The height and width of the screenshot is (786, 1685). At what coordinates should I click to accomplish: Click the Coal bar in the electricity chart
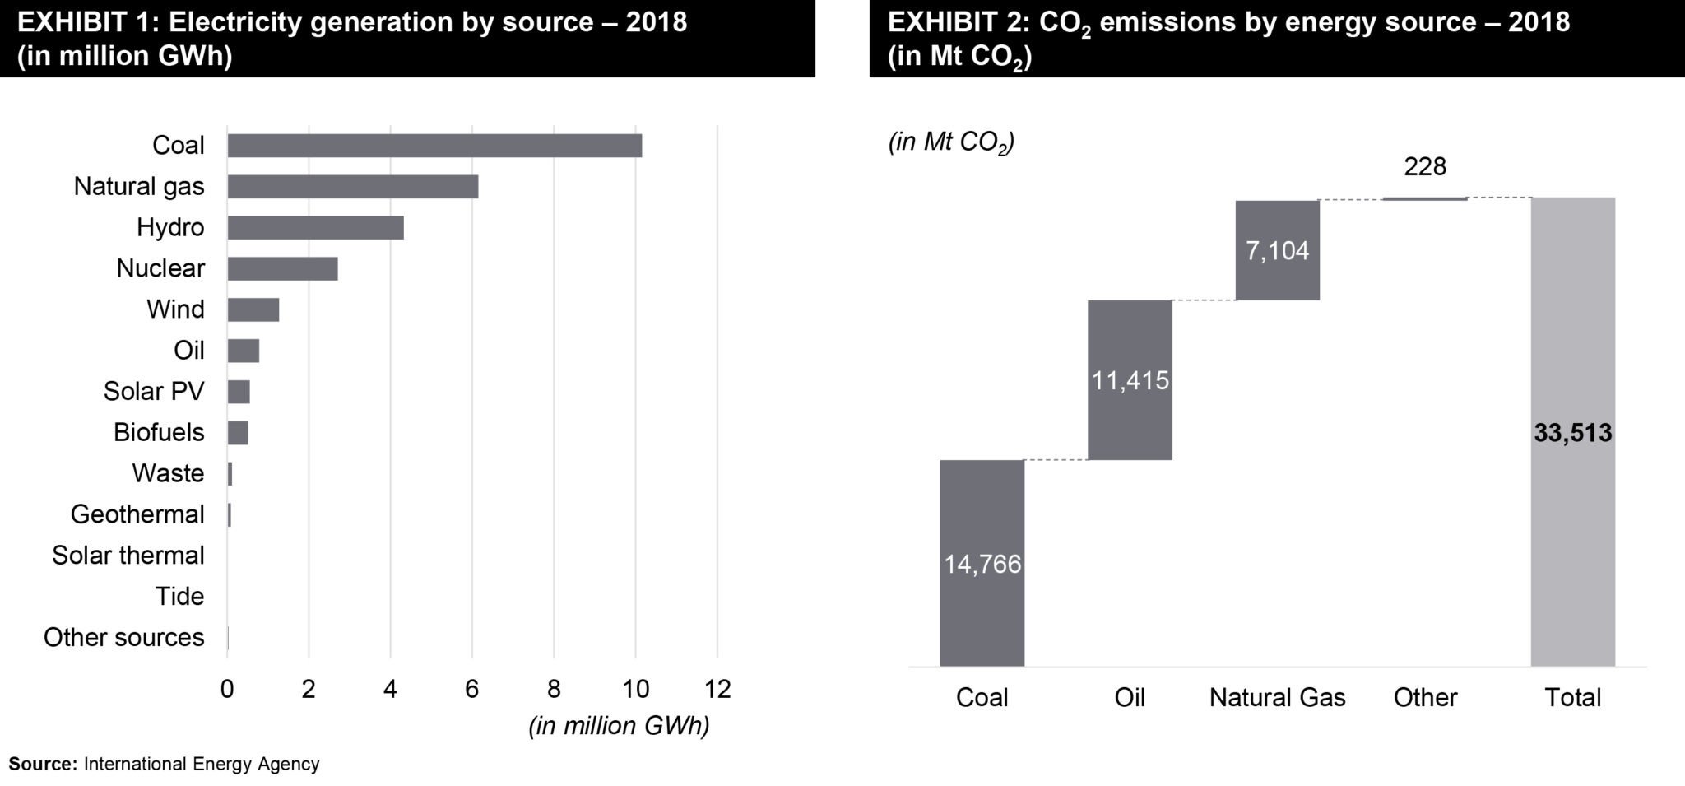434,146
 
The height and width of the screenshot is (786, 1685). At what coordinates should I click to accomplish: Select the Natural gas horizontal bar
352,187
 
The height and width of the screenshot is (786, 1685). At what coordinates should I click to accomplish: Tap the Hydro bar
315,228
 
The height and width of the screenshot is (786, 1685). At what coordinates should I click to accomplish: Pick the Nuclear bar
282,269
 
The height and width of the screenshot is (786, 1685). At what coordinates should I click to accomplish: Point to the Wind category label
175,309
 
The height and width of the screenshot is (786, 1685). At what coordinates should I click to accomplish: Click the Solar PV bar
239,392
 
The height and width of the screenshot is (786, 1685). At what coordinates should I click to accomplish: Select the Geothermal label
137,514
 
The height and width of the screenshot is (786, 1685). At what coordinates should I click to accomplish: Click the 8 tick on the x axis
554,689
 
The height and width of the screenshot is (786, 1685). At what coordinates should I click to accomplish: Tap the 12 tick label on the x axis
717,689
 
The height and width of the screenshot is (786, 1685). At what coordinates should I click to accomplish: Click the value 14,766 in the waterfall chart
982,565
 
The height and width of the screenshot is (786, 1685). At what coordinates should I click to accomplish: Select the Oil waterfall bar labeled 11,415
1130,380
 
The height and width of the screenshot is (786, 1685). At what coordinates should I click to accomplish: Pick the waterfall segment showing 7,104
1277,250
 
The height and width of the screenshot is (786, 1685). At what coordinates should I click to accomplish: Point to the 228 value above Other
1425,167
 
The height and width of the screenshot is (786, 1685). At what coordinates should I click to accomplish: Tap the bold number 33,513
1572,433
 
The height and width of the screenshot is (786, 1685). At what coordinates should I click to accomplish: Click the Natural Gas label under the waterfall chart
1277,698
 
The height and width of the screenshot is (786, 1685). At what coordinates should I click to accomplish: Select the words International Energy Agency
202,764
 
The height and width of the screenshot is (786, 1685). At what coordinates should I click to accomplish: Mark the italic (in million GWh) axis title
619,726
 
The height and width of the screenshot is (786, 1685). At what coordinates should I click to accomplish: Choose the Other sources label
123,638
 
